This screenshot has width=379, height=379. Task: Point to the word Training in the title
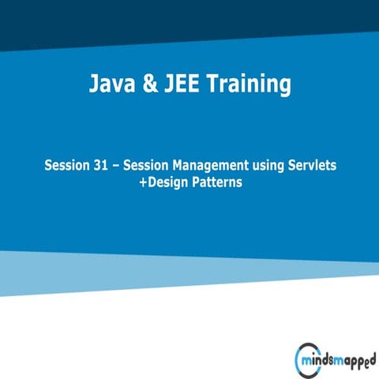pos(252,84)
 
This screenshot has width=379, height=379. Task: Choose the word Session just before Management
pos(148,166)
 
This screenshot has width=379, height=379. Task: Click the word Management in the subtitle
pos(213,166)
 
